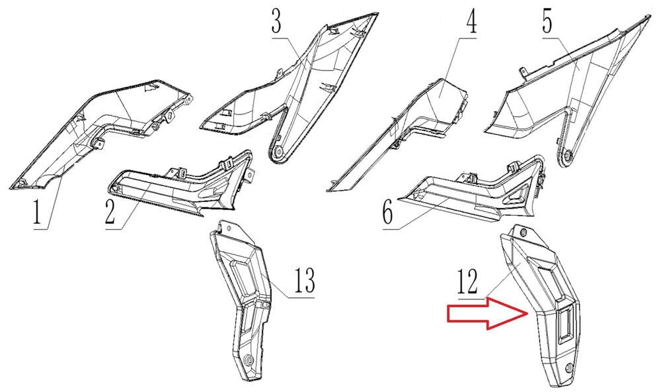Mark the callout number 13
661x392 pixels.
[304, 280]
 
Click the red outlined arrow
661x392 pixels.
[487, 313]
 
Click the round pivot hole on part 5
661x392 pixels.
[566, 157]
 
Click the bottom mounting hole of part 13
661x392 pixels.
[249, 360]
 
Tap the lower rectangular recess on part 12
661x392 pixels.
[564, 323]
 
